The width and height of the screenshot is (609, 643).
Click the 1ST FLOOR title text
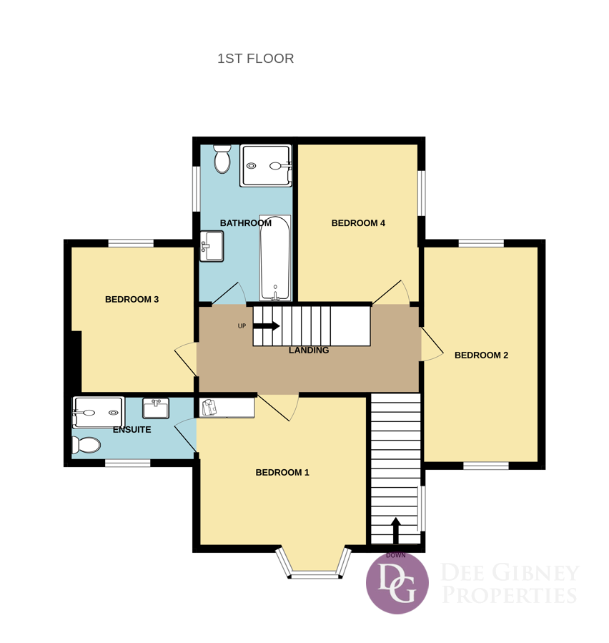point(255,59)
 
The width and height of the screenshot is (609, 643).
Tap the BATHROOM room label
point(245,223)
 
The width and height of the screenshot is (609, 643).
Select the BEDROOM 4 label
point(358,223)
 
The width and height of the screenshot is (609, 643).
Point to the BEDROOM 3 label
point(132,300)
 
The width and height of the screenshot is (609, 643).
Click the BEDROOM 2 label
point(481,355)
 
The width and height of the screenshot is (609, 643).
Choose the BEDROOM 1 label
point(282,472)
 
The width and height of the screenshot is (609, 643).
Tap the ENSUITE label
point(132,430)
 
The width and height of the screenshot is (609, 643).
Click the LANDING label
point(309,350)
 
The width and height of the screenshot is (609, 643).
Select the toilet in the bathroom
point(222,159)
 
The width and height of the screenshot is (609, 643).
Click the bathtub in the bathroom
point(275,257)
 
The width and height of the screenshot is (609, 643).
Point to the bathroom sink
point(212,246)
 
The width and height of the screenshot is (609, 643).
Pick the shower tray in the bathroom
point(266,166)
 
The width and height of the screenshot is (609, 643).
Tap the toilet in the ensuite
point(86,445)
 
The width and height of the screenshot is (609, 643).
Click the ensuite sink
point(156,408)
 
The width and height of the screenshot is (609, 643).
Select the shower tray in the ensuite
point(98,413)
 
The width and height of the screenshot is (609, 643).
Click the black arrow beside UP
point(267,326)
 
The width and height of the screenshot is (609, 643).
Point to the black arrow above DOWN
point(395,531)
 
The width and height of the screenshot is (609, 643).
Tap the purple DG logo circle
point(397,583)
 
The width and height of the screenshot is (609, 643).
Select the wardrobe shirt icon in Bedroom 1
point(209,408)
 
